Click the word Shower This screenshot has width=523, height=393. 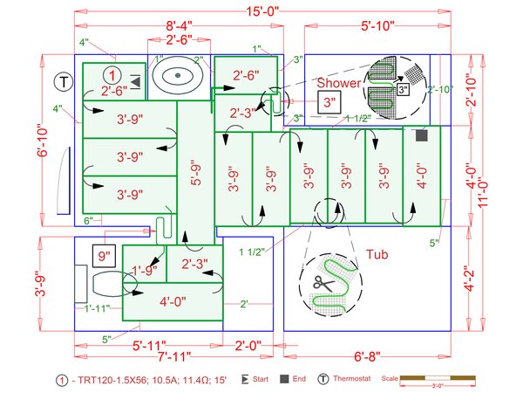[337, 81]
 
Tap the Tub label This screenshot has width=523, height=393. [377, 255]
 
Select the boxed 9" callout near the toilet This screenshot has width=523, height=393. [105, 257]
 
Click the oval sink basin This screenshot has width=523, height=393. [178, 75]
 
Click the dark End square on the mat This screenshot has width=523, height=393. [422, 135]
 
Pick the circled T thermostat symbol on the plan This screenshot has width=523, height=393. [63, 81]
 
